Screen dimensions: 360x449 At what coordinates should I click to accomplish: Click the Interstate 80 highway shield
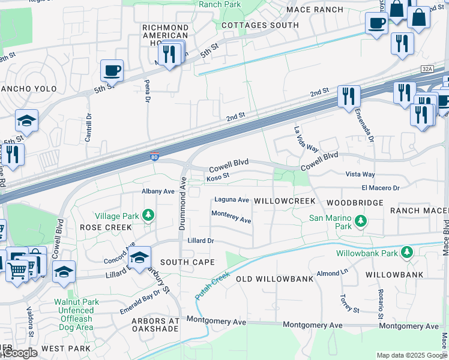coord(154,158)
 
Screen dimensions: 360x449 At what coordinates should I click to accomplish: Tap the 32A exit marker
coord(427,70)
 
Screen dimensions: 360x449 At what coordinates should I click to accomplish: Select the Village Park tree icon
coord(148,215)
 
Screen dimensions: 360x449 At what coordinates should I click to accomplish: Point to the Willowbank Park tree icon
coord(407,252)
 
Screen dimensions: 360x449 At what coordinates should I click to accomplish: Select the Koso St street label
coord(218,177)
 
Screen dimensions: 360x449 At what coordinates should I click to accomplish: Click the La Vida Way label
coord(306,139)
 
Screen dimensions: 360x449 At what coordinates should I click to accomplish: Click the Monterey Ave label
coord(231,217)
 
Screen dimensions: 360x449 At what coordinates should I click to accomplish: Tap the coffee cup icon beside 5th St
coord(112,71)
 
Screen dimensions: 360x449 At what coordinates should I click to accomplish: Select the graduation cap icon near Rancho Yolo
coord(26,121)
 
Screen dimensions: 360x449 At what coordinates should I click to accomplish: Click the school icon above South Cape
coord(139,257)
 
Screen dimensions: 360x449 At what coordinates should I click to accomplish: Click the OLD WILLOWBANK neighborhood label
coord(274,279)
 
